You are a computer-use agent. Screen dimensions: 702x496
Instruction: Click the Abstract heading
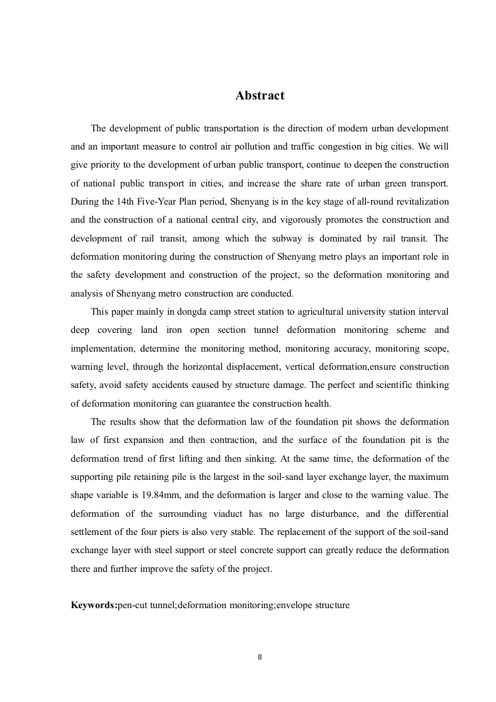(260, 96)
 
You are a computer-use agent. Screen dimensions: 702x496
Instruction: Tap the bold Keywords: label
(94, 606)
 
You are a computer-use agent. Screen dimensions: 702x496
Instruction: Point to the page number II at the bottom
(260, 657)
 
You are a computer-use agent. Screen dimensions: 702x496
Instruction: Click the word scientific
(397, 385)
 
